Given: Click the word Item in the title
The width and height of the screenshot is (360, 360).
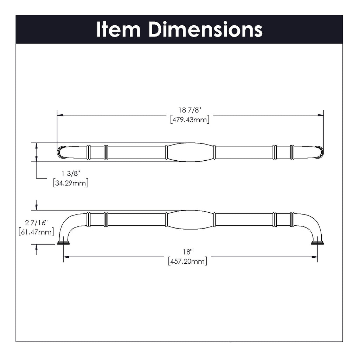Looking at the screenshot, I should [118, 30].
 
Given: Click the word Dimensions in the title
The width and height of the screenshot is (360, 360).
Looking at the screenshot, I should [205, 30].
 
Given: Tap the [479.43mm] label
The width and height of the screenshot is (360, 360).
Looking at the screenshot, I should [189, 120].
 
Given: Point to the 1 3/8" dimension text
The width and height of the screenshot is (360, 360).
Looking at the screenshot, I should [70, 173].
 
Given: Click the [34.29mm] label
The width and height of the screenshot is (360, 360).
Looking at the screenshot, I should [71, 183].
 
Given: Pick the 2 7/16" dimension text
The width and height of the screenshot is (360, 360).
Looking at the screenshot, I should [36, 222].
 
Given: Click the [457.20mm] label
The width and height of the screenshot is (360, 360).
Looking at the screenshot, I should [188, 261].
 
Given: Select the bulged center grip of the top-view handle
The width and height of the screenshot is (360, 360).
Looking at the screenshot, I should [190, 152].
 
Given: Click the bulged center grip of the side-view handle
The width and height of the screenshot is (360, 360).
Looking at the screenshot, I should [190, 220].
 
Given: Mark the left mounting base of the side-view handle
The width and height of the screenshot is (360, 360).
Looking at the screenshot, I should [63, 243].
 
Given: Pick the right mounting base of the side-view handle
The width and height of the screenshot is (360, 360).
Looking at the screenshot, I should [317, 243].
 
